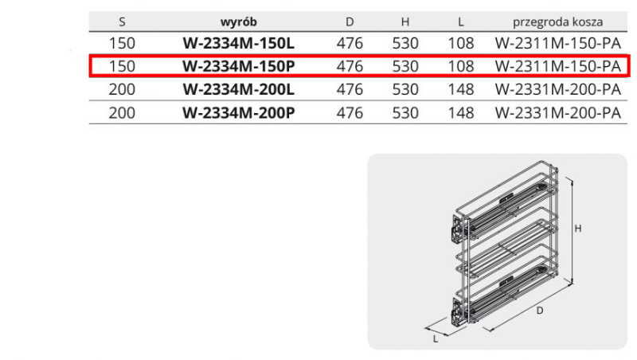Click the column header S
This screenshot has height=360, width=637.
pyautogui.click(x=122, y=22)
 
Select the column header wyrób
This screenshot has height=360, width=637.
pyautogui.click(x=238, y=22)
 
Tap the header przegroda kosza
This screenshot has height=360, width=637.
pyautogui.click(x=557, y=22)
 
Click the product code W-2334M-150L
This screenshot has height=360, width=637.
pyautogui.click(x=238, y=43)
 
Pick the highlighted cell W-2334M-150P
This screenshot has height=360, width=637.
pyautogui.click(x=238, y=66)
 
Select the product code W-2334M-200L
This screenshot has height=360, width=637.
pyautogui.click(x=238, y=89)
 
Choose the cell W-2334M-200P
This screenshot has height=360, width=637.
pyautogui.click(x=238, y=112)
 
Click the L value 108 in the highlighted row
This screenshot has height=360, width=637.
pyautogui.click(x=461, y=66)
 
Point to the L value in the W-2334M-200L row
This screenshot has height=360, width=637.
pyautogui.click(x=461, y=89)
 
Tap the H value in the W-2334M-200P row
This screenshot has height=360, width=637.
pyautogui.click(x=405, y=112)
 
